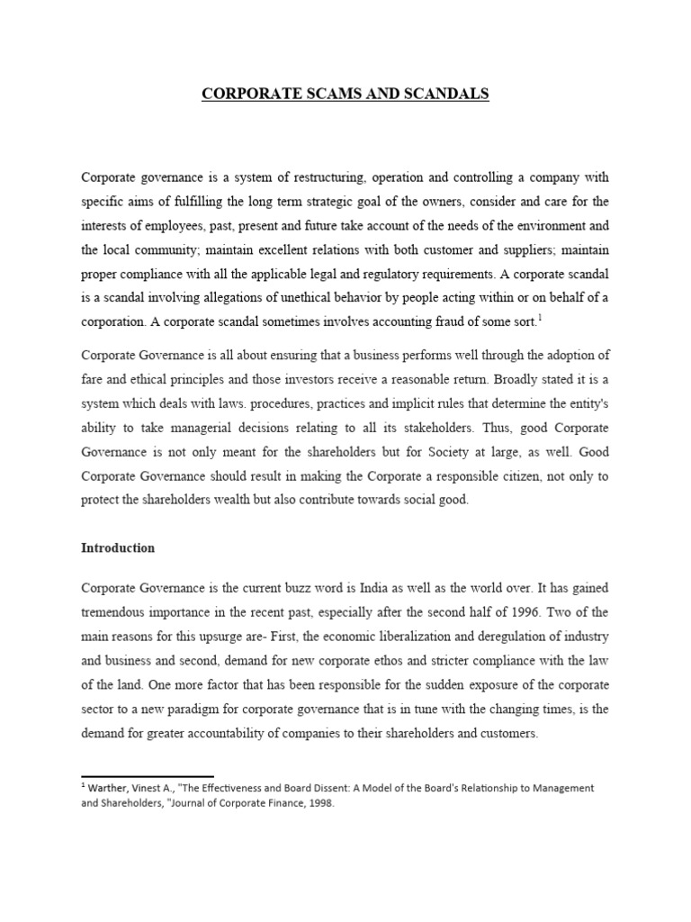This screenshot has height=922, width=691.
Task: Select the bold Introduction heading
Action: (x=118, y=547)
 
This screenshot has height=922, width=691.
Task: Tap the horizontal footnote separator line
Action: (x=148, y=775)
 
